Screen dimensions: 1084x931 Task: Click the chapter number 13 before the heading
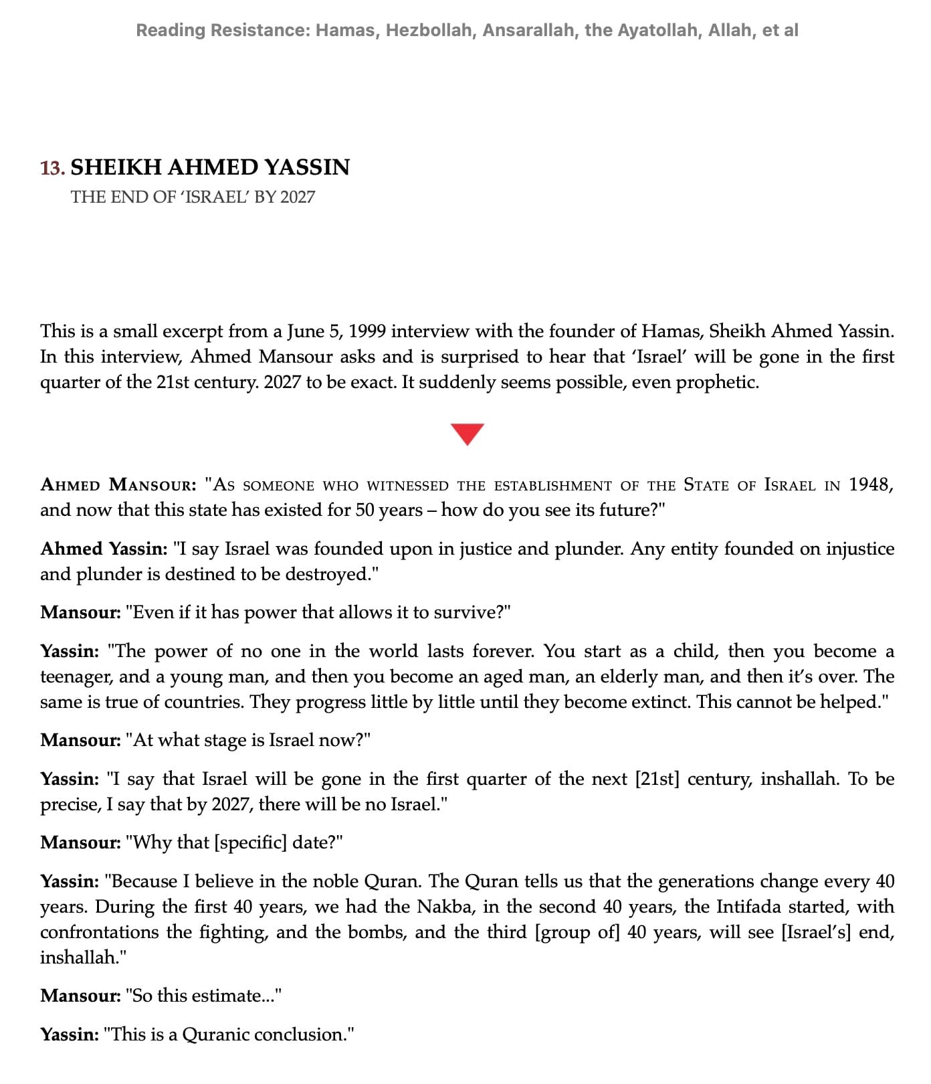(51, 167)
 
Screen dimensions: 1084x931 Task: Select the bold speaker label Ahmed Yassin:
(104, 549)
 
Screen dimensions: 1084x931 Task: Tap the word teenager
(75, 676)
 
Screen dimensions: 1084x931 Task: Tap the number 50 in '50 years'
(365, 510)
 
